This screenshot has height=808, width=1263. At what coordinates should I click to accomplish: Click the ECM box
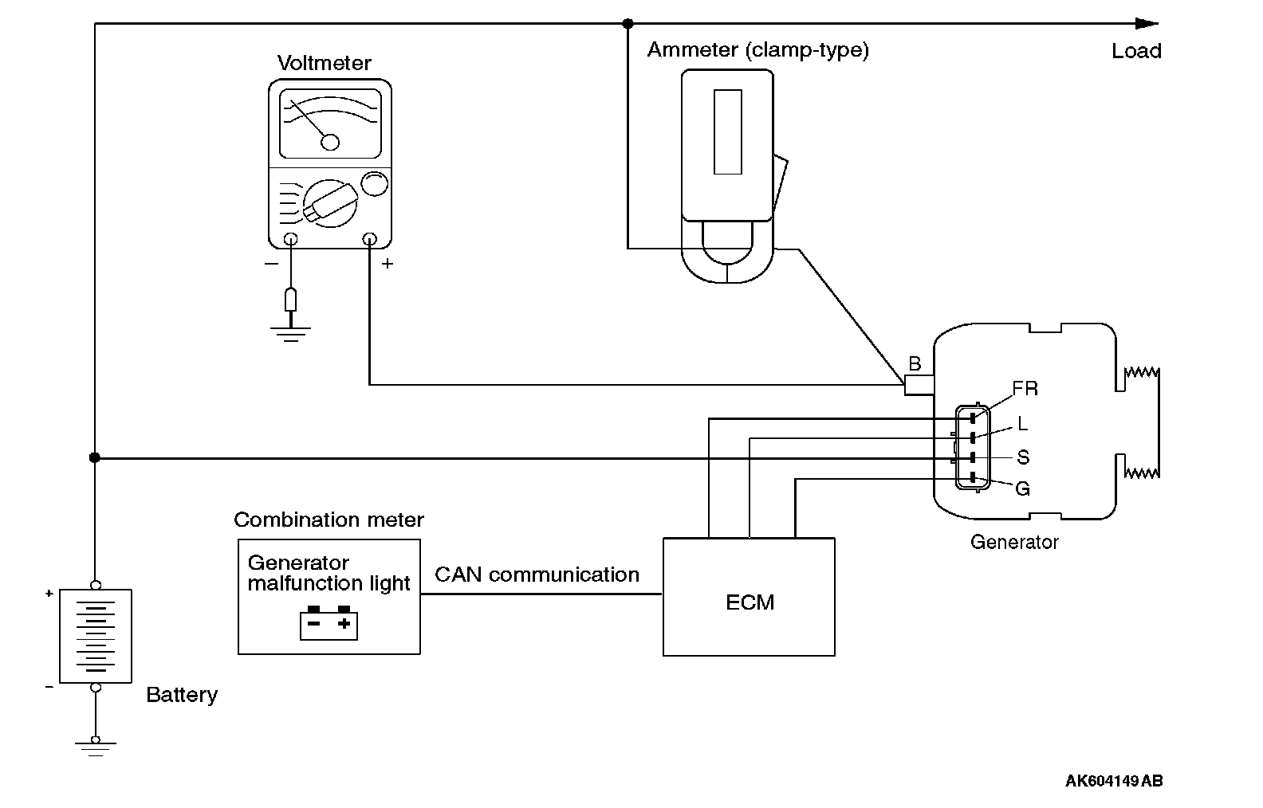[749, 597]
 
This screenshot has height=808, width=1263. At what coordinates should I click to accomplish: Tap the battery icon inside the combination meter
[329, 623]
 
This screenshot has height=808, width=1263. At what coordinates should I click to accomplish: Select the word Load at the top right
[1136, 52]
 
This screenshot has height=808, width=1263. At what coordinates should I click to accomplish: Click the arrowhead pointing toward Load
[1147, 24]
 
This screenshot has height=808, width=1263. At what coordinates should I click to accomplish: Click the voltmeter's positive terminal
[369, 238]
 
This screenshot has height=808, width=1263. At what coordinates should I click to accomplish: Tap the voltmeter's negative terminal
[291, 238]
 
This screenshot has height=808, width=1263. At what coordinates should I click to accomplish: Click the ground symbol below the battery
[95, 747]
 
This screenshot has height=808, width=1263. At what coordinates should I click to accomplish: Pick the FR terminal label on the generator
[1025, 389]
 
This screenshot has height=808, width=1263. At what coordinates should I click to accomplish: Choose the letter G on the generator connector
[1022, 488]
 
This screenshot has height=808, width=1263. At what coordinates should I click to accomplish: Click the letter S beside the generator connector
[1023, 457]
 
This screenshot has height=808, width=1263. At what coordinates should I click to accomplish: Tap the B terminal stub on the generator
[919, 386]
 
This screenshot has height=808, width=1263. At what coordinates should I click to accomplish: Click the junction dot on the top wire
[628, 24]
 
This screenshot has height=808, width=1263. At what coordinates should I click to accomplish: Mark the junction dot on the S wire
[95, 457]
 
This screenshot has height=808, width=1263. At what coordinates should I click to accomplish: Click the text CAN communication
[537, 575]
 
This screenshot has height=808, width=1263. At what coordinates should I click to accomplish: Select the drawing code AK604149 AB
[1113, 781]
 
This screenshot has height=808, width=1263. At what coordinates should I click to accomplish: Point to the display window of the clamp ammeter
[727, 131]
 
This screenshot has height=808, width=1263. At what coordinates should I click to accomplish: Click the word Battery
[182, 695]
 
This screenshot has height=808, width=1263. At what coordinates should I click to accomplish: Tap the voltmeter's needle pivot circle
[329, 142]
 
